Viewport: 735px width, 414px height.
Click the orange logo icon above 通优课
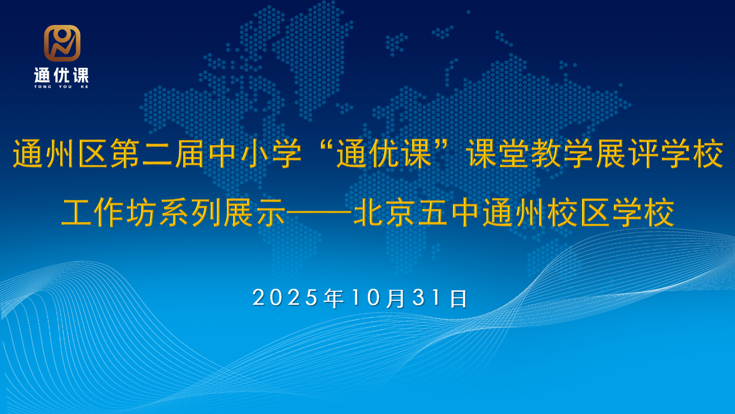point(62,43)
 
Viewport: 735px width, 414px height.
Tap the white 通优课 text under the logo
point(61,76)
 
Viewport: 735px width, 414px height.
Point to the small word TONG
point(42,87)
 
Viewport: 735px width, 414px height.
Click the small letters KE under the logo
point(84,87)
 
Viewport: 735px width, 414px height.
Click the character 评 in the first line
point(643,154)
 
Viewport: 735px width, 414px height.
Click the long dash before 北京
point(319,213)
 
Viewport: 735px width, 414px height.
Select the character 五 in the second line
point(433,213)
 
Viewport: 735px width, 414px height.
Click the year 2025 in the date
point(285,298)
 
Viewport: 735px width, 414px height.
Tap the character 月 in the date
point(396,298)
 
